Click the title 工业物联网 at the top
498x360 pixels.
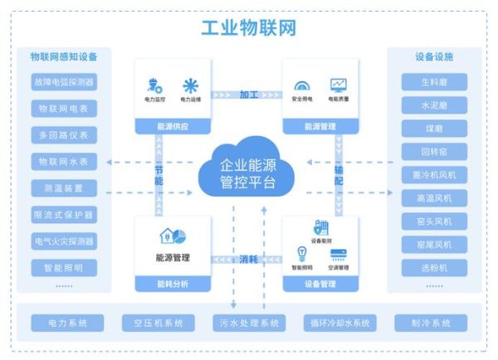pos(249,28)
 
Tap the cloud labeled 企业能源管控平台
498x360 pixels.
pos(248,171)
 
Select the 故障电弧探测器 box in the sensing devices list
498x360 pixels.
pos(64,82)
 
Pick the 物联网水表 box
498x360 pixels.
pos(64,161)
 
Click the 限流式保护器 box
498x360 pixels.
pos(64,214)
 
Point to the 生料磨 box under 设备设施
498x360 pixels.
pos(434,82)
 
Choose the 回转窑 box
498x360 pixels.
pos(434,152)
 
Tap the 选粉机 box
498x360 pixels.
pos(434,268)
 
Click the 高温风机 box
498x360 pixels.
pos(434,198)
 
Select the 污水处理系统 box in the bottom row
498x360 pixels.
pos(248,323)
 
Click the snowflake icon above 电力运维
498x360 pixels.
pos(191,85)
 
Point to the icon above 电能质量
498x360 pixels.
pos(338,85)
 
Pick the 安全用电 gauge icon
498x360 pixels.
pos(301,85)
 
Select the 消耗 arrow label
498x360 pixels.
pos(249,259)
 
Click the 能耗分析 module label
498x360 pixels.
pos(173,284)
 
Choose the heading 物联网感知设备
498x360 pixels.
pos(64,56)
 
